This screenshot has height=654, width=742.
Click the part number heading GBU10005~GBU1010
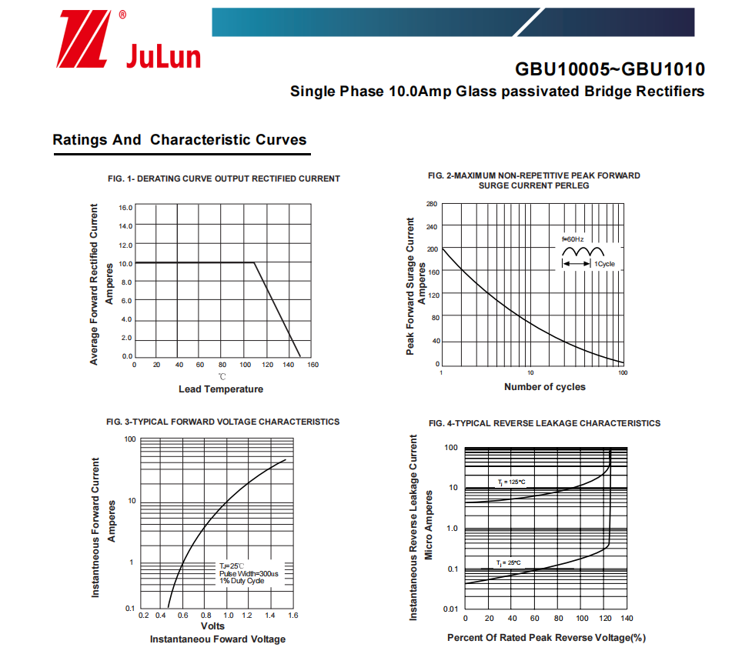point(610,69)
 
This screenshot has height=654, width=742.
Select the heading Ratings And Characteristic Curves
point(179,140)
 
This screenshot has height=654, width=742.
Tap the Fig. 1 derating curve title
point(224,179)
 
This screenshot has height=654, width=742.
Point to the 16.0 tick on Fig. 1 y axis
point(125,208)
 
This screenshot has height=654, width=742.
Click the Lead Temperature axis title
point(221,389)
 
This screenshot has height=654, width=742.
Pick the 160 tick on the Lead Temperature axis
point(312,365)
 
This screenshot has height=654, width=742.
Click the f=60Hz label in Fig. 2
point(573,239)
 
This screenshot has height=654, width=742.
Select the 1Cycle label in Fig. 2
point(604,264)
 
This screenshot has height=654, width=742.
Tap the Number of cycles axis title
point(544,387)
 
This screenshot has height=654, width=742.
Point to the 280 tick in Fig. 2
point(432,204)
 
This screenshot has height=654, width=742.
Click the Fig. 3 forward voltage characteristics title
point(222,422)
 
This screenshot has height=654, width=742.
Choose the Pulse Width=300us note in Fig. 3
point(249,573)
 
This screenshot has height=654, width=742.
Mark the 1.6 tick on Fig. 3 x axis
point(292,616)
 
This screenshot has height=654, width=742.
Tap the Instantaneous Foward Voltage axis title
point(217,639)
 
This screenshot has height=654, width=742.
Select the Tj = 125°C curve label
point(511,482)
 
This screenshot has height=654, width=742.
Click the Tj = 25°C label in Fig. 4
point(508,562)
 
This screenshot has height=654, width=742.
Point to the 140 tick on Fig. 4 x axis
point(627,619)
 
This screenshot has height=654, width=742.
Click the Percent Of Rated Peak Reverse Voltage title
point(546,638)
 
